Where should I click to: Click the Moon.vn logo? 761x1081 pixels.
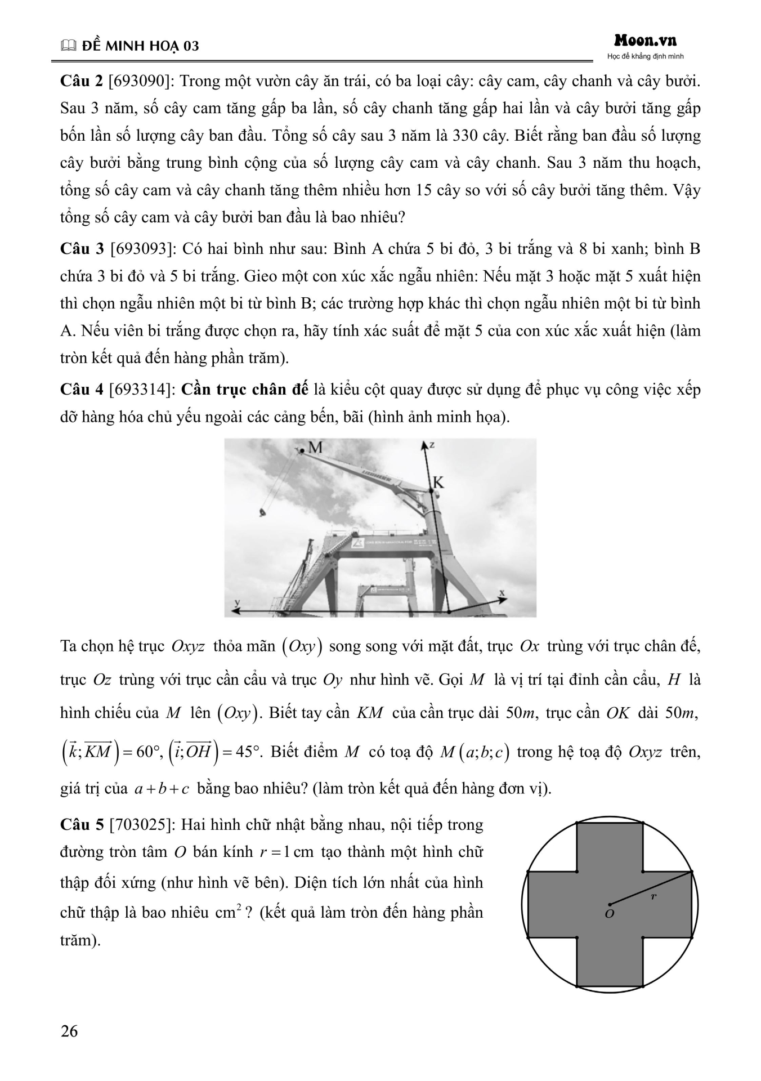coord(645,41)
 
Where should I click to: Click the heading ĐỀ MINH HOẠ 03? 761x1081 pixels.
coord(140,46)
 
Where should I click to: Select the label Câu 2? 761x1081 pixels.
coord(81,81)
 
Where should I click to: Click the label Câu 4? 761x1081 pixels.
coord(81,390)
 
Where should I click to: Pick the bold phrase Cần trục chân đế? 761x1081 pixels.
coord(245,390)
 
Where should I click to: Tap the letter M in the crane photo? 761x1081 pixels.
coord(315,447)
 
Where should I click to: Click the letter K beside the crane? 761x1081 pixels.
coord(438,482)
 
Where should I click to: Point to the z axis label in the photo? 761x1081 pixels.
coord(432,445)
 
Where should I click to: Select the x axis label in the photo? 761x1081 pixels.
coord(502,593)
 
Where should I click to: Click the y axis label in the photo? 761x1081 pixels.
coord(237,602)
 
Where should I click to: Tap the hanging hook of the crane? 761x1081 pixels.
coord(261,512)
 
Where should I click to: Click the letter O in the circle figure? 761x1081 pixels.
coord(609,913)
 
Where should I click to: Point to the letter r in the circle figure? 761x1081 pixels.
coord(653,896)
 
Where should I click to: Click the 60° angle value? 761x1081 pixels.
coord(149,752)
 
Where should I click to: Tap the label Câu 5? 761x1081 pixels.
coord(82,825)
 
